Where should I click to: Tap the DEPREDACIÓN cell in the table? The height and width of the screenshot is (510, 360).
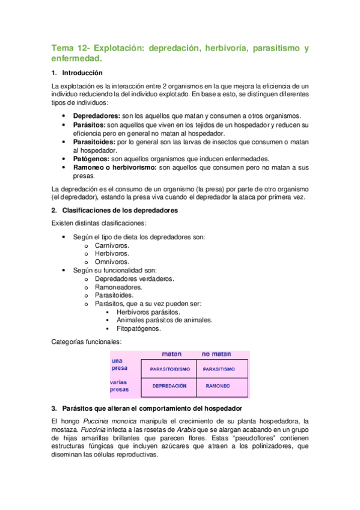click(x=169, y=386)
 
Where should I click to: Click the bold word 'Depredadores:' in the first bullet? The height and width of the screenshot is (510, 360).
click(x=97, y=115)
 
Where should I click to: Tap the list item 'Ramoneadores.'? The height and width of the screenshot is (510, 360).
click(x=118, y=287)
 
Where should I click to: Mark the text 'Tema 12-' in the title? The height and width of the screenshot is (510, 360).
click(x=70, y=48)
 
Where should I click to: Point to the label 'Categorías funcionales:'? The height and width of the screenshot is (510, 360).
click(x=87, y=342)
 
